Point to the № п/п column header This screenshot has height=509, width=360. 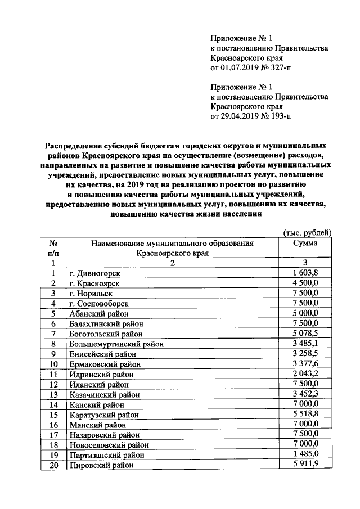click(x=54, y=248)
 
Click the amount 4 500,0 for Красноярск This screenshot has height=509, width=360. click(x=305, y=283)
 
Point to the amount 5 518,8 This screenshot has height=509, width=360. click(x=305, y=415)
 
